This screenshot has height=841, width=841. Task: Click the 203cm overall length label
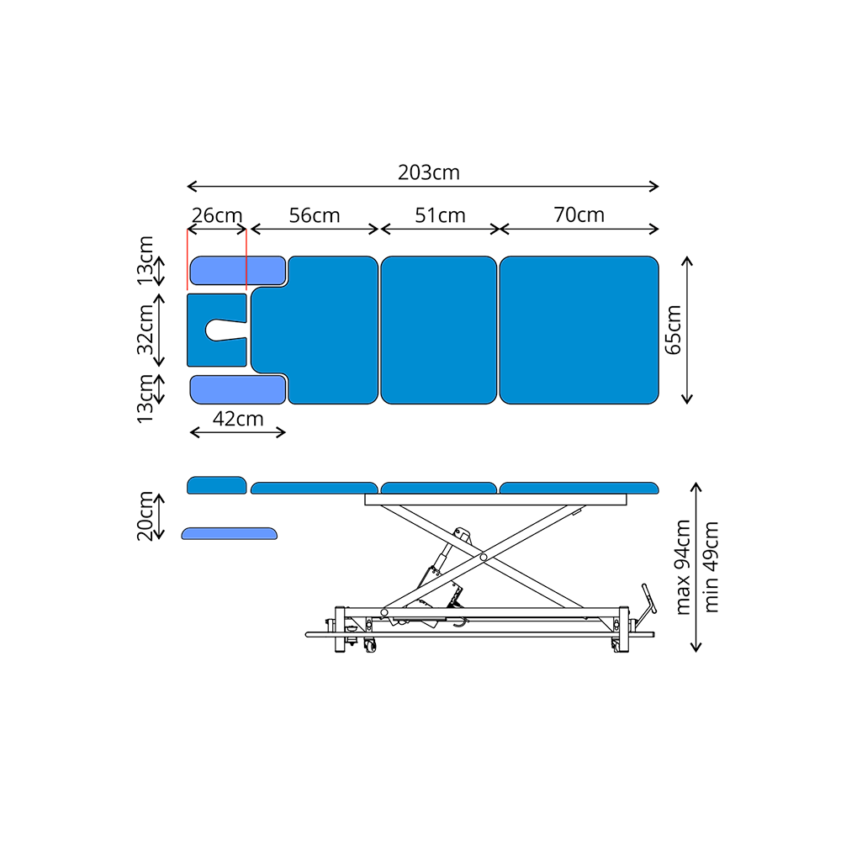point(429,172)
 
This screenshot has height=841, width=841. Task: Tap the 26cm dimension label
point(217,215)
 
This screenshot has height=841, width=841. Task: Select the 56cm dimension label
point(315,215)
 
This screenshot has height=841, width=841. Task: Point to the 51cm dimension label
point(440,215)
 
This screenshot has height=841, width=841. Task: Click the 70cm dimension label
point(579,214)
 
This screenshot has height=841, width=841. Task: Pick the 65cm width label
point(673,330)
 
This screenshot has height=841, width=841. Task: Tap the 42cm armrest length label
point(238,418)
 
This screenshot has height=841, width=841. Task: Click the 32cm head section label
point(145,330)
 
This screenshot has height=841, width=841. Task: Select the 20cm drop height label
point(145,516)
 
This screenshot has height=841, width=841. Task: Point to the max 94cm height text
point(683,567)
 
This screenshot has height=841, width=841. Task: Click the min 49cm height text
point(711,567)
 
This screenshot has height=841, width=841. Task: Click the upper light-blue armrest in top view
point(238,270)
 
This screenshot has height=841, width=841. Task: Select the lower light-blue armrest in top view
point(238,389)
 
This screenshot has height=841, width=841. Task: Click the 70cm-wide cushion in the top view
point(579,330)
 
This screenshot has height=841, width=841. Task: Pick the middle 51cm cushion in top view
point(439,330)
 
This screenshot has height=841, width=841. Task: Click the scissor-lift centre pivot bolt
point(484,558)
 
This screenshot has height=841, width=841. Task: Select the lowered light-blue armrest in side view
point(230,533)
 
